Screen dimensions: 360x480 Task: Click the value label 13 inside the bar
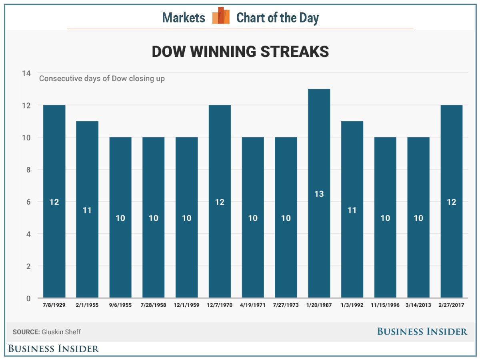(319, 194)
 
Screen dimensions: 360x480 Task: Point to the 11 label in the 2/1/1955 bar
(87, 210)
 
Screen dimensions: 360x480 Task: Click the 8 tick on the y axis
(28, 170)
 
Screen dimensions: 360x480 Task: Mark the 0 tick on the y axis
(28, 298)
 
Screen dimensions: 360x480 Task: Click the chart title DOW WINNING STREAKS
(240, 52)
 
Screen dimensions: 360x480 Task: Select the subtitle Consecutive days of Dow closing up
(102, 78)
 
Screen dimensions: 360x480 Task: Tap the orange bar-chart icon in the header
(221, 16)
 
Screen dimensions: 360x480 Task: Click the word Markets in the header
(184, 18)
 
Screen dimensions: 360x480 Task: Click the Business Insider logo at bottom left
(54, 348)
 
